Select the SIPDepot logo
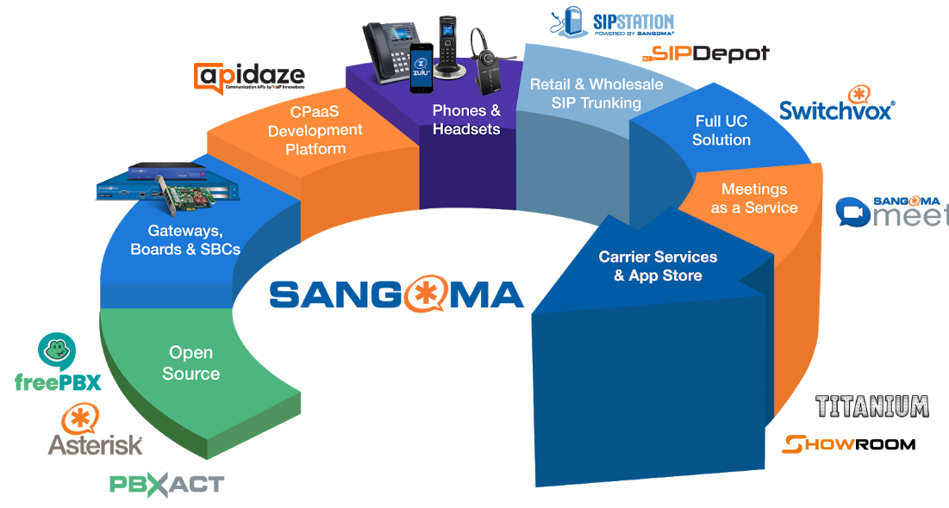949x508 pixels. point(706,54)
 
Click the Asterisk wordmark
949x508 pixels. point(95,444)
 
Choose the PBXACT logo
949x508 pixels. point(166,484)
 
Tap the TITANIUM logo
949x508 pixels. point(872,406)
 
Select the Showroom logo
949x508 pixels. point(849,444)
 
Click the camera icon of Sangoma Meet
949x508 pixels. point(853,212)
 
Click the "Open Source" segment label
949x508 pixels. point(190,363)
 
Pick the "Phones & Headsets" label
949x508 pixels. point(466,120)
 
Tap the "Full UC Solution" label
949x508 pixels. point(721,130)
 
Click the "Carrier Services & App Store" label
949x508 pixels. point(658,266)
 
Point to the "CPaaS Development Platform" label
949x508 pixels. point(315,131)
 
